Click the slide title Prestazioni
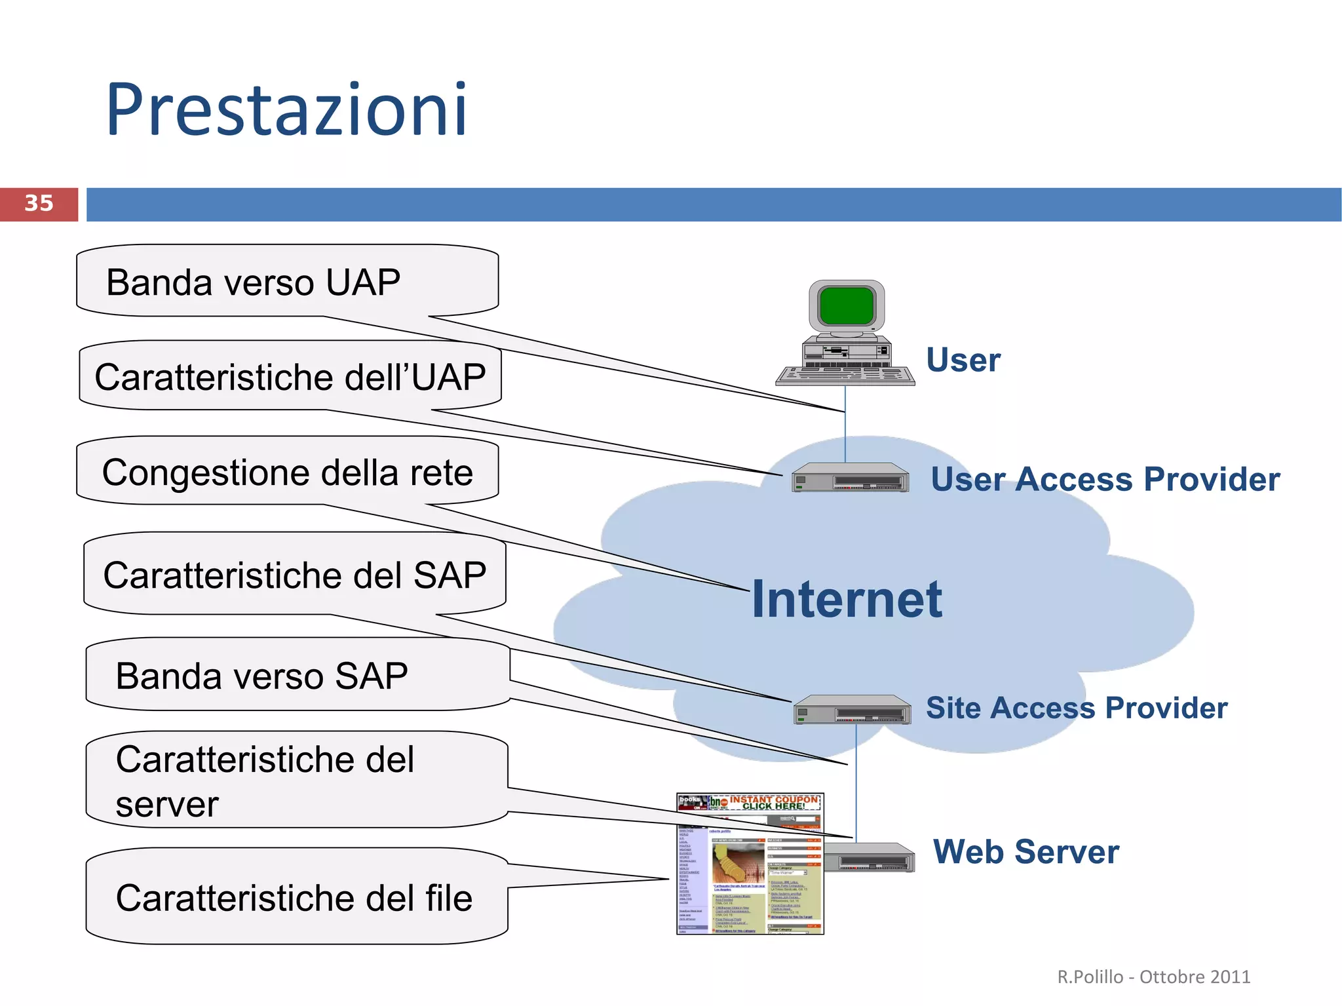(x=286, y=109)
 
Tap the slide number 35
(x=39, y=203)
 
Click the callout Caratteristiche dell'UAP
(x=290, y=377)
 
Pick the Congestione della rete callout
(x=287, y=473)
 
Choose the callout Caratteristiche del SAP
(x=294, y=575)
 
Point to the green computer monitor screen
(x=847, y=305)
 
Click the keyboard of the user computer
(x=845, y=376)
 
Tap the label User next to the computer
(x=963, y=360)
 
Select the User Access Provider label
(x=1105, y=479)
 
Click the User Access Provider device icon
(x=850, y=478)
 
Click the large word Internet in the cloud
(x=846, y=599)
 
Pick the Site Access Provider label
(x=1076, y=708)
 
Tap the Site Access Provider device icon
(x=852, y=710)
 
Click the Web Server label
(x=1026, y=851)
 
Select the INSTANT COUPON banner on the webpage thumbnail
(x=773, y=803)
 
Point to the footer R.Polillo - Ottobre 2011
(x=1153, y=977)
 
